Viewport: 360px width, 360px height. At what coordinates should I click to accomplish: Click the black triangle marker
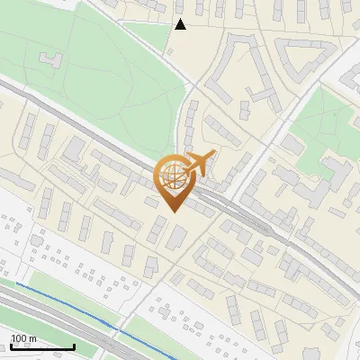point(180,24)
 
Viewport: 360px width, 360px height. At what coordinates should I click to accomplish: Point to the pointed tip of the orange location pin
point(174,211)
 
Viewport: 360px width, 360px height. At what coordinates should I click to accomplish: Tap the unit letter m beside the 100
point(32,338)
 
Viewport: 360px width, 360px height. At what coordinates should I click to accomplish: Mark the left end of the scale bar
point(10,346)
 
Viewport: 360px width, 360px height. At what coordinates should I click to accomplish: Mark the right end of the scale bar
point(74,346)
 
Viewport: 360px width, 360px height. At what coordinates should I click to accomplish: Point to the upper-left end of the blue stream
point(15,284)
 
